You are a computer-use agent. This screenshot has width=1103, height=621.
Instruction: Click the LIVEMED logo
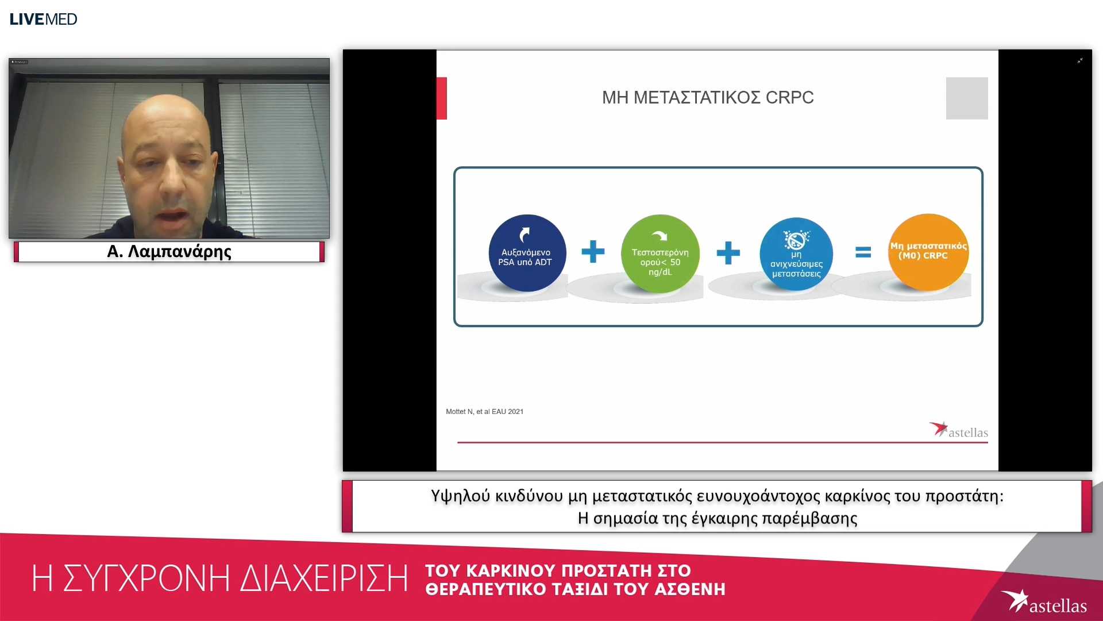[43, 19]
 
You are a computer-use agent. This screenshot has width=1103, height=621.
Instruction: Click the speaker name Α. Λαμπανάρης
[169, 252]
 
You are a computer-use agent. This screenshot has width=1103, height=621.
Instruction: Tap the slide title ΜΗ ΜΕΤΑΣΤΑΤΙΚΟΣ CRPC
[708, 98]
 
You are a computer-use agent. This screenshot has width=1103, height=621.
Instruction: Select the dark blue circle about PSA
[527, 253]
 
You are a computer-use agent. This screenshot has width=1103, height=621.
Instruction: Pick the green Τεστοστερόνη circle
[660, 254]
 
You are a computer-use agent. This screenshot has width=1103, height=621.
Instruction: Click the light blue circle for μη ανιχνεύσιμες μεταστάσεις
[796, 254]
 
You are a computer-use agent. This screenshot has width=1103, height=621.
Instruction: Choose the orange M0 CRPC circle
[928, 252]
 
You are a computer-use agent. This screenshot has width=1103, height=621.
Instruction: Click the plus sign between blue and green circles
[593, 252]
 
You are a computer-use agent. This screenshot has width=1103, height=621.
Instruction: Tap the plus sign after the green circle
[728, 253]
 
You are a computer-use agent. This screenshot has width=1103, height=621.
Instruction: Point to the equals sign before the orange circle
[863, 252]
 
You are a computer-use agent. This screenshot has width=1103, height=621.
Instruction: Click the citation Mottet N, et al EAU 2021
[484, 412]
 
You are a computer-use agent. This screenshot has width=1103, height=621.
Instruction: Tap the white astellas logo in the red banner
[1043, 602]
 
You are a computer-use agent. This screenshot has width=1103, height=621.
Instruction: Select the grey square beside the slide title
[967, 98]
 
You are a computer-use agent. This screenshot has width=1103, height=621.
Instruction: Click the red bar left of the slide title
[442, 98]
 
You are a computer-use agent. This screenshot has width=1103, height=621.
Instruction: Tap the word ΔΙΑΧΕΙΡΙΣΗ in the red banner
[324, 578]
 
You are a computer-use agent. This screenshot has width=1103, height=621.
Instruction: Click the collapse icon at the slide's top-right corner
[1080, 60]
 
